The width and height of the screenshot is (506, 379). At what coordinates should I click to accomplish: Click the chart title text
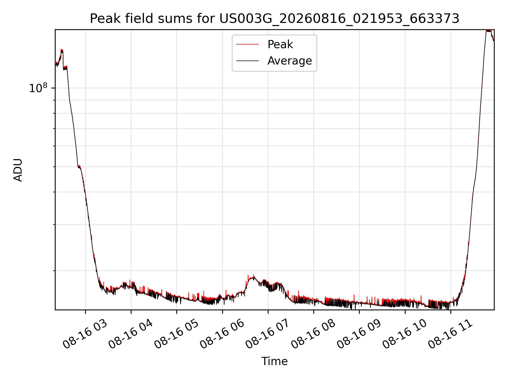tap(275, 19)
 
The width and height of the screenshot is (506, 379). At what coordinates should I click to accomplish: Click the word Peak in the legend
tap(280, 44)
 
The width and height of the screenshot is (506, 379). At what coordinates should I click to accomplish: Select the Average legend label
tap(290, 61)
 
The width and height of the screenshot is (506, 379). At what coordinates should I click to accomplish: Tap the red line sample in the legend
tap(247, 44)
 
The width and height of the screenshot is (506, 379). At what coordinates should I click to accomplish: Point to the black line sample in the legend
tap(247, 61)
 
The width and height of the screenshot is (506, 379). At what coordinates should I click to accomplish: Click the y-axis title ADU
tap(18, 170)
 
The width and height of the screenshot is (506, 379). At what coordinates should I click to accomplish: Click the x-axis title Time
tap(274, 361)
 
